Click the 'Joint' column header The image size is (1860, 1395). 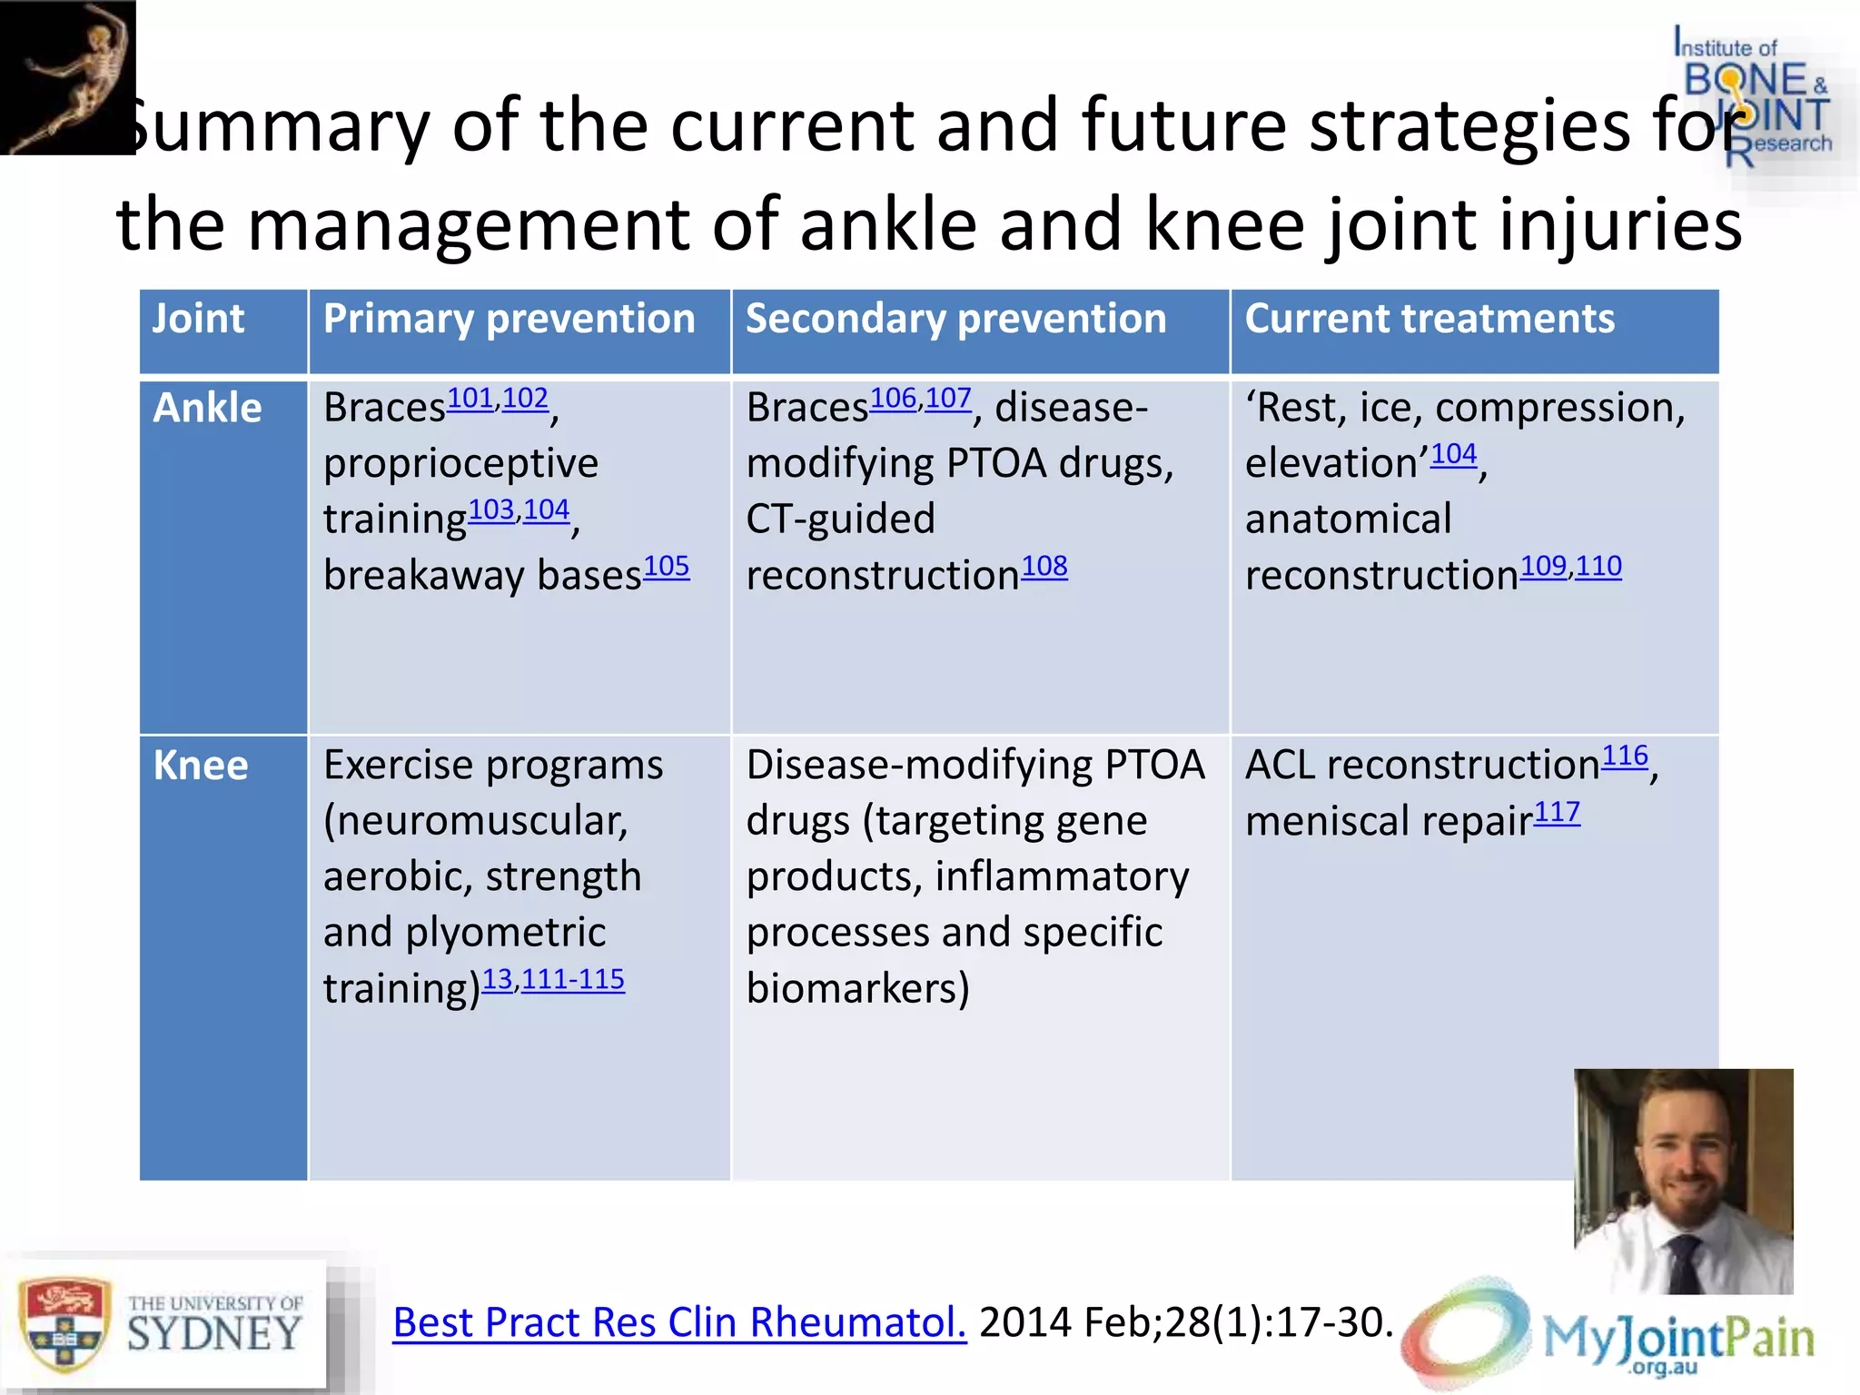(x=198, y=319)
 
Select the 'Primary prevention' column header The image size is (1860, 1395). (x=509, y=319)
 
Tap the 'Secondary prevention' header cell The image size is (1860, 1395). (x=955, y=319)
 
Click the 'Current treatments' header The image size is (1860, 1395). (x=1430, y=319)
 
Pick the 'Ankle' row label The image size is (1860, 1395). (x=207, y=408)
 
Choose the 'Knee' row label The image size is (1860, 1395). (x=201, y=766)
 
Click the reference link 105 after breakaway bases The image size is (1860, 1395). (x=667, y=567)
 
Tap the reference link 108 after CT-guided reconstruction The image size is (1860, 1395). (x=1044, y=567)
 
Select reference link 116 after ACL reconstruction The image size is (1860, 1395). (x=1625, y=757)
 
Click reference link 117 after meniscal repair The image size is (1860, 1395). (x=1557, y=812)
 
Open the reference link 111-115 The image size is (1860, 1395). (x=573, y=979)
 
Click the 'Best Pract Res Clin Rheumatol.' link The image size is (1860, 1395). (x=679, y=1322)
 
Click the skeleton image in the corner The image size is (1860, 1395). (x=68, y=77)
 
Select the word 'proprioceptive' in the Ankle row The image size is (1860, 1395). (x=460, y=464)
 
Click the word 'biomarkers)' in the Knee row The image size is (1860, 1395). (x=857, y=988)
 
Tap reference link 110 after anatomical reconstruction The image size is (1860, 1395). (x=1598, y=567)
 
